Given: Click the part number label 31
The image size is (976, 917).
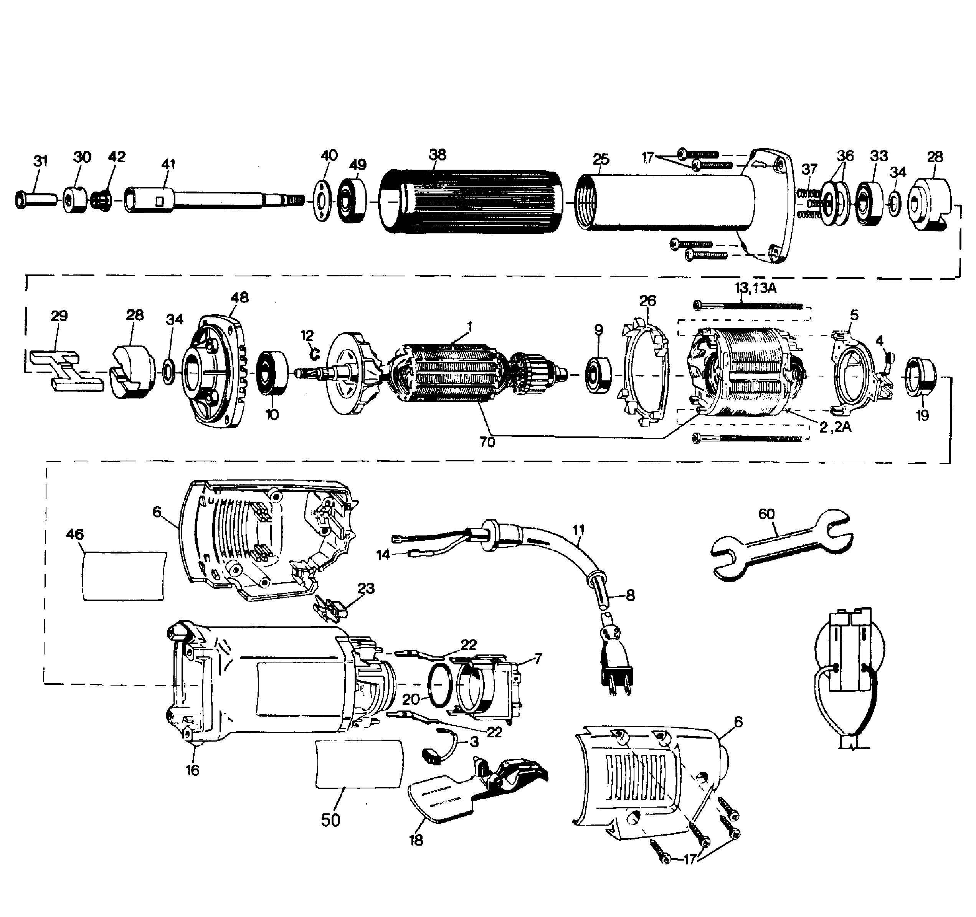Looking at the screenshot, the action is click(40, 160).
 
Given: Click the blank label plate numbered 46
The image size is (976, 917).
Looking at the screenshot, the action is click(124, 575).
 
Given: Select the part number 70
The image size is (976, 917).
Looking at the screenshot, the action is click(487, 442).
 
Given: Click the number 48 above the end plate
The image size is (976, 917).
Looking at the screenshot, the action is click(239, 297).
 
